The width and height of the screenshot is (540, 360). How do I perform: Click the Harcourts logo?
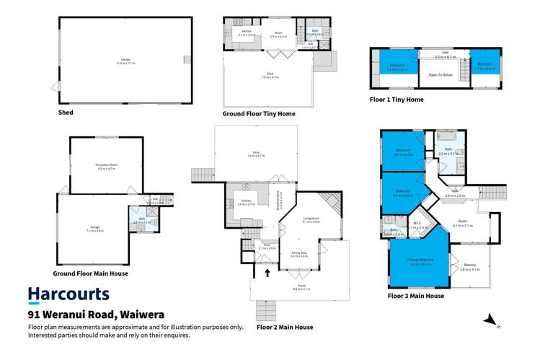click(x=68, y=294)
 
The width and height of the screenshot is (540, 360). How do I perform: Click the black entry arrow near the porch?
click(x=268, y=273)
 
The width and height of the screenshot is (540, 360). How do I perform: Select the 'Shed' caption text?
click(x=66, y=113)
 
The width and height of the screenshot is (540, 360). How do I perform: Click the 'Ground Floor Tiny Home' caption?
click(x=259, y=113)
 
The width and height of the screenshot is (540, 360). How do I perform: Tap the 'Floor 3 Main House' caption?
click(x=415, y=296)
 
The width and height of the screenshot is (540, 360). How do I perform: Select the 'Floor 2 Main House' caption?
click(x=284, y=327)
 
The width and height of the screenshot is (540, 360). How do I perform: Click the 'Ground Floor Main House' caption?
click(x=90, y=274)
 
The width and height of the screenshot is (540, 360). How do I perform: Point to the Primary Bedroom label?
click(x=421, y=263)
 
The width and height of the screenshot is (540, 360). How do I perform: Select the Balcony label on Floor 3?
click(x=469, y=265)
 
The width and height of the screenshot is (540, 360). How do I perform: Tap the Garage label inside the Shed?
click(x=125, y=61)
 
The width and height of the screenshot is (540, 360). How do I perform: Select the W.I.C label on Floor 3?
click(x=416, y=224)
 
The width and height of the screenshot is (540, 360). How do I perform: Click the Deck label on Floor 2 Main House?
click(x=256, y=153)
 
